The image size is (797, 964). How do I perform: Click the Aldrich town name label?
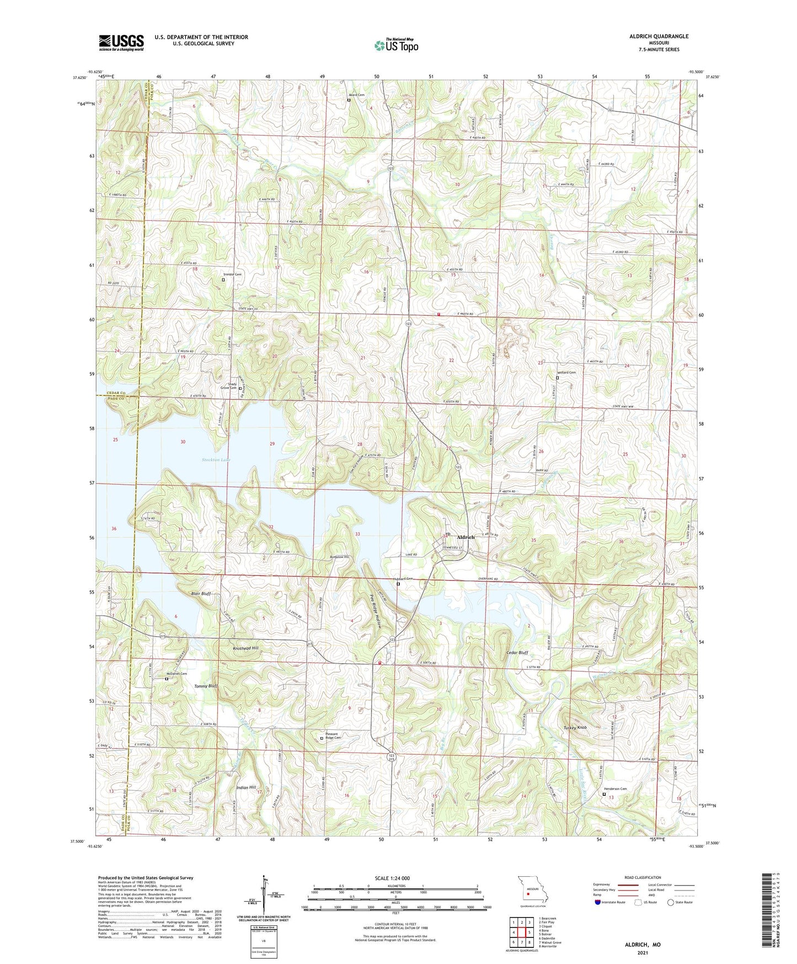466,537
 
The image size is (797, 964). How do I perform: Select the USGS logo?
121,43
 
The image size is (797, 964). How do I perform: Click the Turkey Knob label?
575,728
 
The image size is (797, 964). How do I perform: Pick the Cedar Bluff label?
517,653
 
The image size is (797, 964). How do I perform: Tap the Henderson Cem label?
616,789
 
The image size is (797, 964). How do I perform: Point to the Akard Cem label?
356,95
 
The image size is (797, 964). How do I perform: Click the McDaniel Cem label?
176,674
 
